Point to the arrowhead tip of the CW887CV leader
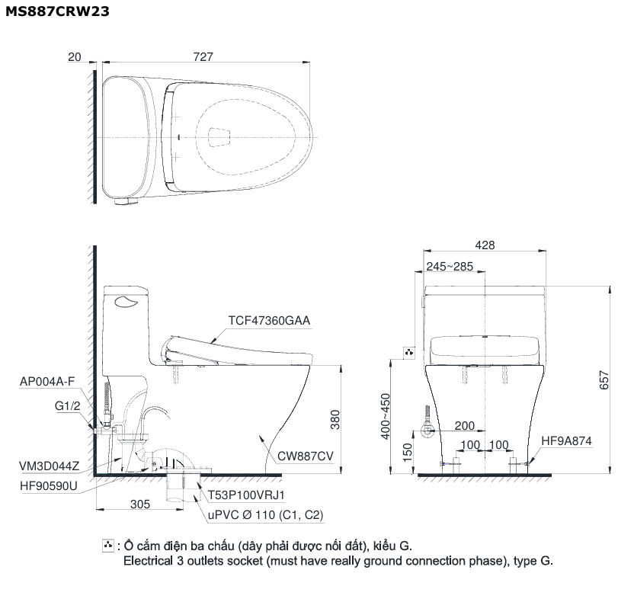point(261,435)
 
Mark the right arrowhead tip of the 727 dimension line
point(309,62)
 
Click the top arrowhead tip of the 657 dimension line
point(610,287)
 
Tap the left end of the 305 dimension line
point(96,509)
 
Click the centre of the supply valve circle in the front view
point(427,431)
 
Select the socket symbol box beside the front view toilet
point(409,353)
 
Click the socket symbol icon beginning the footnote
point(108,546)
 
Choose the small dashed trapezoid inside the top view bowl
point(219,136)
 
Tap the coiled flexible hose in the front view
point(427,415)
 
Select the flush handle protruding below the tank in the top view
point(126,201)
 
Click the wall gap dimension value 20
point(75,57)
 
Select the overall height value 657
point(604,380)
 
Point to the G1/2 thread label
point(68,405)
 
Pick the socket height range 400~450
point(386,416)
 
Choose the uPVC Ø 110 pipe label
point(265,515)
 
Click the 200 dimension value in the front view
point(464,426)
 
